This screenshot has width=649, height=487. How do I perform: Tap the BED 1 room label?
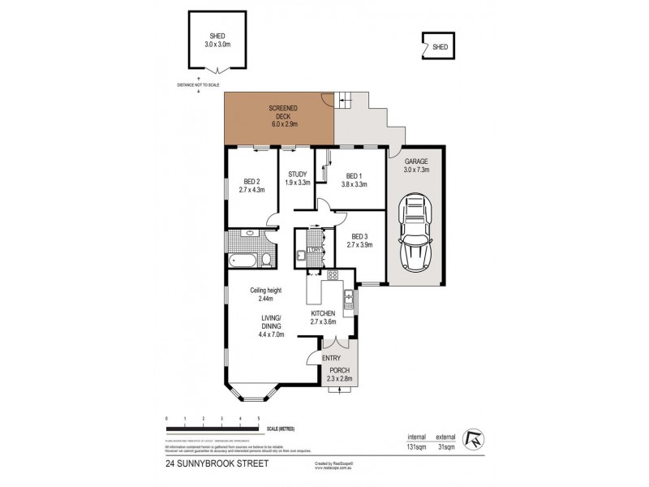(x=353, y=175)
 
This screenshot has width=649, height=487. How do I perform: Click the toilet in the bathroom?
(x=264, y=259)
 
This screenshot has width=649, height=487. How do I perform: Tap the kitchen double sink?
(x=347, y=300)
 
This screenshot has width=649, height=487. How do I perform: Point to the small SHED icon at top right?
(x=438, y=46)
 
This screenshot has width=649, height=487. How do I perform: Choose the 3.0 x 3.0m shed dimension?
(x=216, y=45)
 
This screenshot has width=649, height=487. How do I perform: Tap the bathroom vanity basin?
(x=249, y=235)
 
